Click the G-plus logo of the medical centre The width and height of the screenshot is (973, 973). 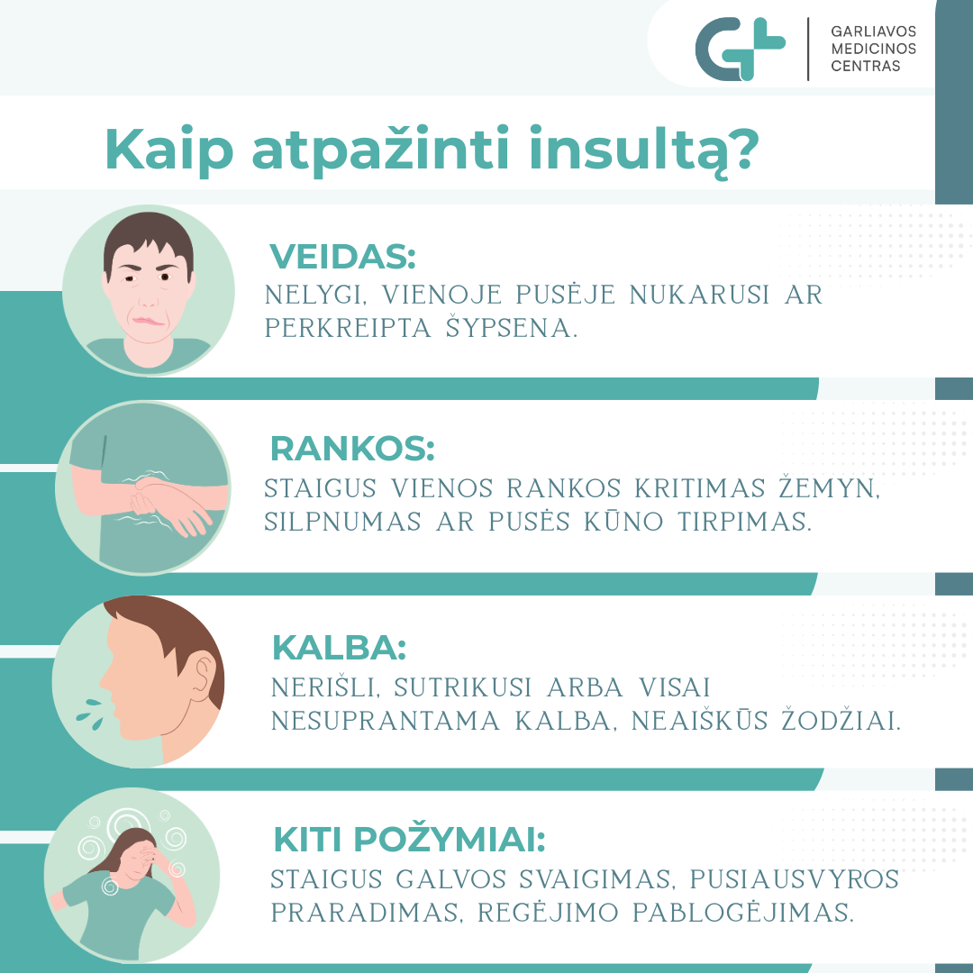click(x=740, y=49)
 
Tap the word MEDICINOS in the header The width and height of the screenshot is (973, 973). click(x=873, y=49)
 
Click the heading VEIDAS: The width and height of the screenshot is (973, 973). click(x=342, y=256)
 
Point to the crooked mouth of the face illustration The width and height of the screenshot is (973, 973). click(x=149, y=321)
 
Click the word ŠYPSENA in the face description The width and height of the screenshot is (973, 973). click(x=512, y=327)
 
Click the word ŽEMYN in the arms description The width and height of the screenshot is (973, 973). click(x=829, y=487)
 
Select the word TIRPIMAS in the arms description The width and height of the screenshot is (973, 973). click(x=744, y=522)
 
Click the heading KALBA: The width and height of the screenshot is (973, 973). click(x=339, y=647)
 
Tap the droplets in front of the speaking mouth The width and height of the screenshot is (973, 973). click(x=91, y=714)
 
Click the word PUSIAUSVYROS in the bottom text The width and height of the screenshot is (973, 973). click(x=795, y=879)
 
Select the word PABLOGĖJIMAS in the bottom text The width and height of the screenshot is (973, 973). click(x=742, y=912)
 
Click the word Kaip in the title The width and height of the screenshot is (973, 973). click(x=168, y=150)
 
